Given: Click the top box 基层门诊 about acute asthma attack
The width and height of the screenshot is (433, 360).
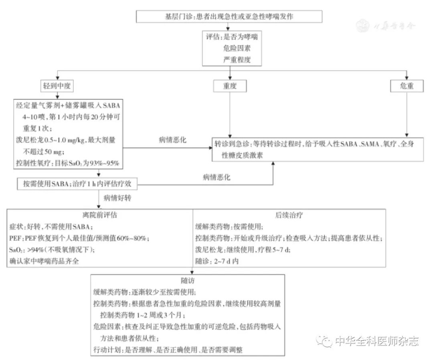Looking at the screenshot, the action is click(229, 16).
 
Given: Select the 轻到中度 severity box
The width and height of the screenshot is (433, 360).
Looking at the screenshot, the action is click(57, 86).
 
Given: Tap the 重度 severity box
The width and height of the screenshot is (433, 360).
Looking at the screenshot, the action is click(230, 86).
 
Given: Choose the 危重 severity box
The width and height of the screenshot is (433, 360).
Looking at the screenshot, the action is click(407, 86).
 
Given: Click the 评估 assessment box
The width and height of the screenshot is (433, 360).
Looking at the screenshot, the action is click(232, 49).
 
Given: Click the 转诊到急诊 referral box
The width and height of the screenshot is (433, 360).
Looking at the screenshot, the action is click(318, 150).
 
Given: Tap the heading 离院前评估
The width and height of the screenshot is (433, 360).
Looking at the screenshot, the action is click(100, 215).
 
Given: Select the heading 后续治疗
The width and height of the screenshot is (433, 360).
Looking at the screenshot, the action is click(289, 215).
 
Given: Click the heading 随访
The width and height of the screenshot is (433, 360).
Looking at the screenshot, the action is click(188, 281).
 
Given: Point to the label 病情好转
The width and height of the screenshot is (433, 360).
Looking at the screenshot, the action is click(117, 198).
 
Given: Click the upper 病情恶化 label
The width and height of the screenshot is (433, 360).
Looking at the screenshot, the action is click(172, 140).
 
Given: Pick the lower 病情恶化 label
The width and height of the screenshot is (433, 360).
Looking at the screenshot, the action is click(217, 177).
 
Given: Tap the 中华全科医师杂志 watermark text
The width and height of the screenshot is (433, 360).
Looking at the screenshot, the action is click(377, 341).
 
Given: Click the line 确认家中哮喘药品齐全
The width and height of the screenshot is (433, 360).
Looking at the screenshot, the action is click(44, 261).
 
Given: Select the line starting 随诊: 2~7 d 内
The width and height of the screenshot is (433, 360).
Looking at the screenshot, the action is click(217, 261).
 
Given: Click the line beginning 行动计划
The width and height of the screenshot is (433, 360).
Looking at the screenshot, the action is click(168, 350).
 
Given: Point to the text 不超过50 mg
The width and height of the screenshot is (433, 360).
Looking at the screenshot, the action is click(44, 152).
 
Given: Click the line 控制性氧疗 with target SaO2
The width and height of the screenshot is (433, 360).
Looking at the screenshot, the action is click(68, 163).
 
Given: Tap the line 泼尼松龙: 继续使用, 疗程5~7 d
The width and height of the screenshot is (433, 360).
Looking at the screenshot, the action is click(243, 250).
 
